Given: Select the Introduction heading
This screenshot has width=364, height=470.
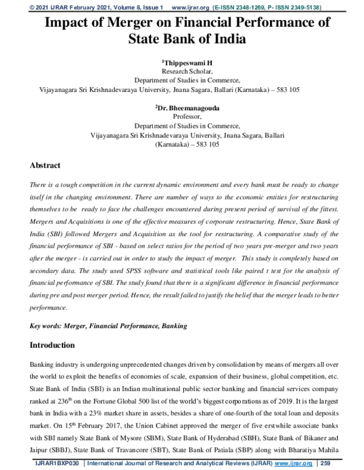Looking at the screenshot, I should pyautogui.click(x=52, y=345).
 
